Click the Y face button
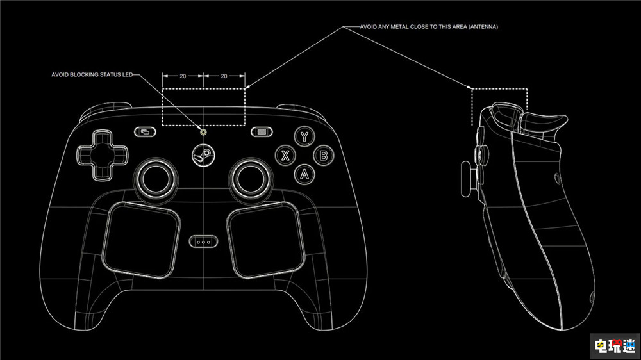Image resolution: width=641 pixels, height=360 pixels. click(x=304, y=137)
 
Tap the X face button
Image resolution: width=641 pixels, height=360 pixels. click(x=285, y=155)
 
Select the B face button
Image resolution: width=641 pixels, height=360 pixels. click(x=323, y=156)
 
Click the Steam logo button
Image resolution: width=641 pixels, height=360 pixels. click(x=203, y=156)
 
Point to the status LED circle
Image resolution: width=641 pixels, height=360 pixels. click(x=203, y=131)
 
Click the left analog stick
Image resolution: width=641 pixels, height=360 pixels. click(x=156, y=179)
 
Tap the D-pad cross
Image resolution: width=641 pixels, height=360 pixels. click(x=102, y=155)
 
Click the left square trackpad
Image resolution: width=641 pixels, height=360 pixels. click(x=141, y=240)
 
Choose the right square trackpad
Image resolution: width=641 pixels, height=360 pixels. click(x=266, y=240)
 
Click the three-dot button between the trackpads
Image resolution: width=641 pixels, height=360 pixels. click(x=204, y=242)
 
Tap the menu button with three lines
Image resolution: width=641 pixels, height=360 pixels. click(x=262, y=131)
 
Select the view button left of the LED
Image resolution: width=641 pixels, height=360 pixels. click(x=145, y=131)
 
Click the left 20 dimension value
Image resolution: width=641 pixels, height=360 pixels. click(x=183, y=76)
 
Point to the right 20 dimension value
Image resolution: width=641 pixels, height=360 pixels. click(x=224, y=76)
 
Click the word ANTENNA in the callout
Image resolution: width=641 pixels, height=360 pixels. click(x=483, y=26)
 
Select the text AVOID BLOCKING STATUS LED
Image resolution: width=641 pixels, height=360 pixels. click(x=92, y=75)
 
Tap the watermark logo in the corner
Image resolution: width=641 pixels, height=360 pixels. click(x=615, y=346)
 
